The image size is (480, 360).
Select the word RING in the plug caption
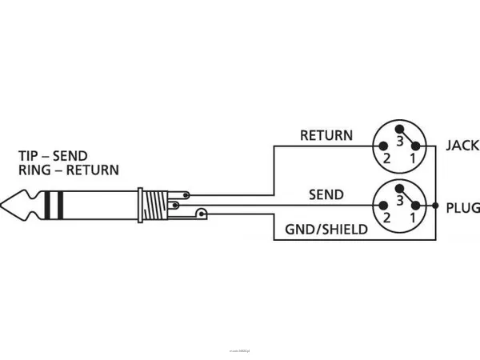[34, 170]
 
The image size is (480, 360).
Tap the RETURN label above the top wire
[326, 135]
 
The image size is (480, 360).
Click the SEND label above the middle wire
[326, 195]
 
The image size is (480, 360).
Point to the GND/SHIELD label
[326, 230]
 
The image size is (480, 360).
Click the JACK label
[462, 146]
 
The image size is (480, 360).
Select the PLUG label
[462, 206]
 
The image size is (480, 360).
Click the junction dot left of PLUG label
[435, 206]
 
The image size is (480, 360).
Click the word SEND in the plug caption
[70, 155]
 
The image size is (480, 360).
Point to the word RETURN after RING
[92, 170]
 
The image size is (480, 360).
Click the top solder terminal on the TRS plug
[186, 194]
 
